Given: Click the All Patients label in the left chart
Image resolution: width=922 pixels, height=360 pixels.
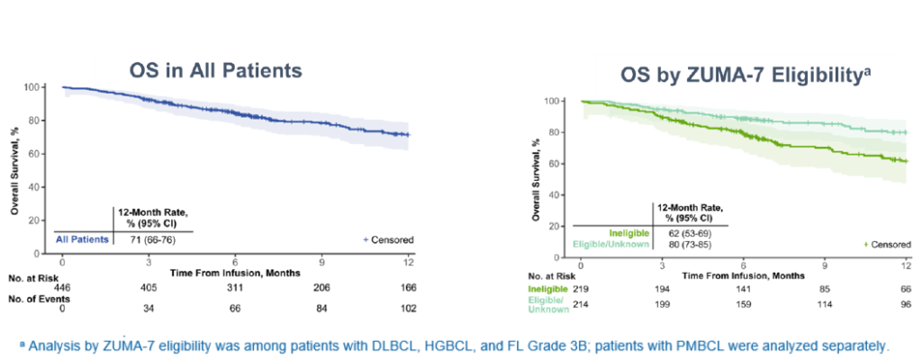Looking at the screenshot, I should click(84, 239).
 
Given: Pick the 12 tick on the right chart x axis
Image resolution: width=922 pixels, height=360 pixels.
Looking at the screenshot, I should click(905, 265).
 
